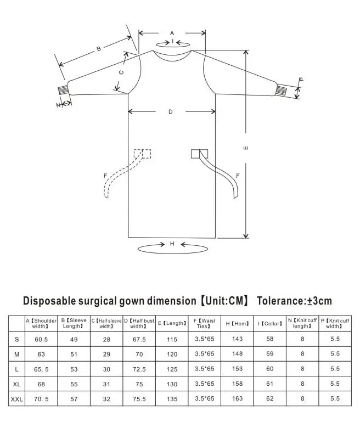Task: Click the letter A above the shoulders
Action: click(172, 33)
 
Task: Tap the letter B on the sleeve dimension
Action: click(99, 49)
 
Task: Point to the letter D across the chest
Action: click(171, 112)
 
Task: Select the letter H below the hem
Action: click(172, 244)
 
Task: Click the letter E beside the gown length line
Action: click(246, 148)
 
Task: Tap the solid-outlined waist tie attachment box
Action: click(199, 154)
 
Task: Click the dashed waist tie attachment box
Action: click(142, 154)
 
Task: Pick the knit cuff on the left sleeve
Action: click(63, 91)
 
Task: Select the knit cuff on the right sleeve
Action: click(282, 91)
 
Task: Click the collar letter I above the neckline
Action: click(173, 42)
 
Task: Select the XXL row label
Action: click(16, 399)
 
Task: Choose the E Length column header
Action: click(172, 323)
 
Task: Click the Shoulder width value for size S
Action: click(41, 340)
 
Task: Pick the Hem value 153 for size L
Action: click(237, 369)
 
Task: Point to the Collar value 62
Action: click(269, 399)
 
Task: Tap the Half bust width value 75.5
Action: click(139, 399)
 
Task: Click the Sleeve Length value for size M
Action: click(74, 354)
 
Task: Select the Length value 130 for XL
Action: click(172, 384)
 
